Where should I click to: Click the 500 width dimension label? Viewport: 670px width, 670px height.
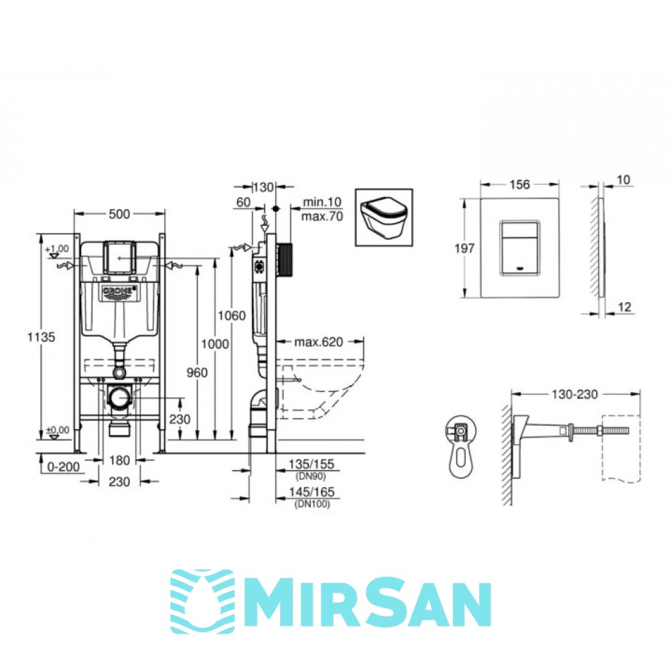(119, 214)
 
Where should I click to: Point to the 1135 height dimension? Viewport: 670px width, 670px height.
(42, 337)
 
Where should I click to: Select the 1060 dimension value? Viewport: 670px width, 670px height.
(232, 316)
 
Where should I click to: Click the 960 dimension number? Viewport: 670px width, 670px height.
(197, 373)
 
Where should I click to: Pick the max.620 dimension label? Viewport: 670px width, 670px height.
(318, 342)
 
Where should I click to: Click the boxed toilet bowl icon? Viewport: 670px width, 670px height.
(384, 218)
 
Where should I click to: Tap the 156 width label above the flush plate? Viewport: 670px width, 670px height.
(520, 185)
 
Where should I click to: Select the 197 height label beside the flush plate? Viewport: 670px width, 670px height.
(464, 249)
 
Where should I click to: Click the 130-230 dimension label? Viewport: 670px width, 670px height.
(575, 394)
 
